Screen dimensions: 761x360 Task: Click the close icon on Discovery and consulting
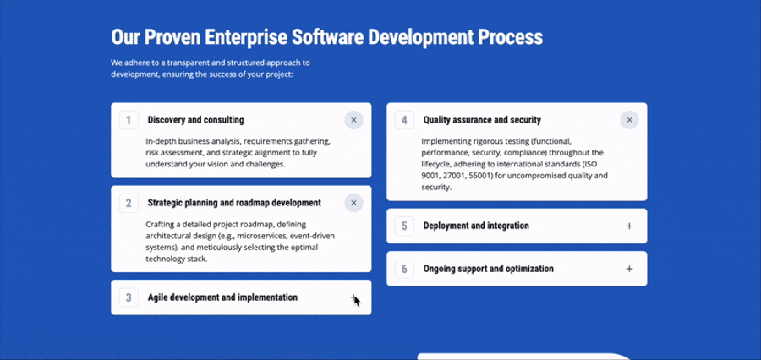(353, 120)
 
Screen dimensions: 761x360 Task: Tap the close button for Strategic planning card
(353, 203)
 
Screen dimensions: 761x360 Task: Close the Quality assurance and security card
(629, 120)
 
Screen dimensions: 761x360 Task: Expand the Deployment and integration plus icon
(629, 226)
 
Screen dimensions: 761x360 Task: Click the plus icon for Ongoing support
(629, 269)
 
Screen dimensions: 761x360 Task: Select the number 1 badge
(129, 120)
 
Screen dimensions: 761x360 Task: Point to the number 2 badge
(129, 203)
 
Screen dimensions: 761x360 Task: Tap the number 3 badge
(129, 297)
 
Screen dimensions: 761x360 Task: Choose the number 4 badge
(404, 120)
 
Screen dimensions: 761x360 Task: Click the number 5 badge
(404, 226)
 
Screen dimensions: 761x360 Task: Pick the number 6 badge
(404, 269)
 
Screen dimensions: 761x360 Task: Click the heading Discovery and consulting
(196, 120)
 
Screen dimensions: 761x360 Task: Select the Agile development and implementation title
(222, 297)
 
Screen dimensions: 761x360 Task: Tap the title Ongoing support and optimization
(488, 269)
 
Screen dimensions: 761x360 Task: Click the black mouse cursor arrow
(357, 302)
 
